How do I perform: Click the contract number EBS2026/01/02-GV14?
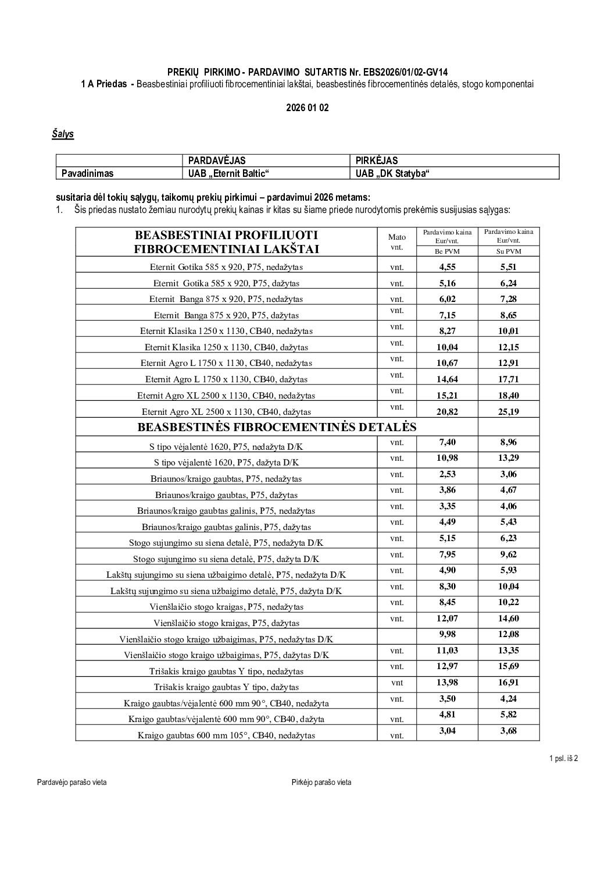(407, 72)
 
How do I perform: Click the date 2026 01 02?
(307, 108)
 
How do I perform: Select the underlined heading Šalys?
(63, 134)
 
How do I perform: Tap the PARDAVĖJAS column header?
(217, 161)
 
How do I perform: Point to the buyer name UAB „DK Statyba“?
(392, 173)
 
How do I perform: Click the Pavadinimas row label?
(88, 173)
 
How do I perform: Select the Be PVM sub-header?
(447, 251)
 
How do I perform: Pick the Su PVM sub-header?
(509, 251)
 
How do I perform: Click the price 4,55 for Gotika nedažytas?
(447, 267)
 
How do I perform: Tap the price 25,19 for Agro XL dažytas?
(509, 411)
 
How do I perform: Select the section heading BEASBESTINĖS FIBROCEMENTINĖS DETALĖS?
(277, 427)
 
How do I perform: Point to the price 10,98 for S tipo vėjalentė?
(447, 458)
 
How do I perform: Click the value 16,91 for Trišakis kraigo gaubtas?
(509, 682)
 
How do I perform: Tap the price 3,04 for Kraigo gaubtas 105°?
(447, 731)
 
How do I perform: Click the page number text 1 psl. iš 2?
(563, 758)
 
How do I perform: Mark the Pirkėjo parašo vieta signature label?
(321, 783)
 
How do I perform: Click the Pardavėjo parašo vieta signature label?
(72, 783)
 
